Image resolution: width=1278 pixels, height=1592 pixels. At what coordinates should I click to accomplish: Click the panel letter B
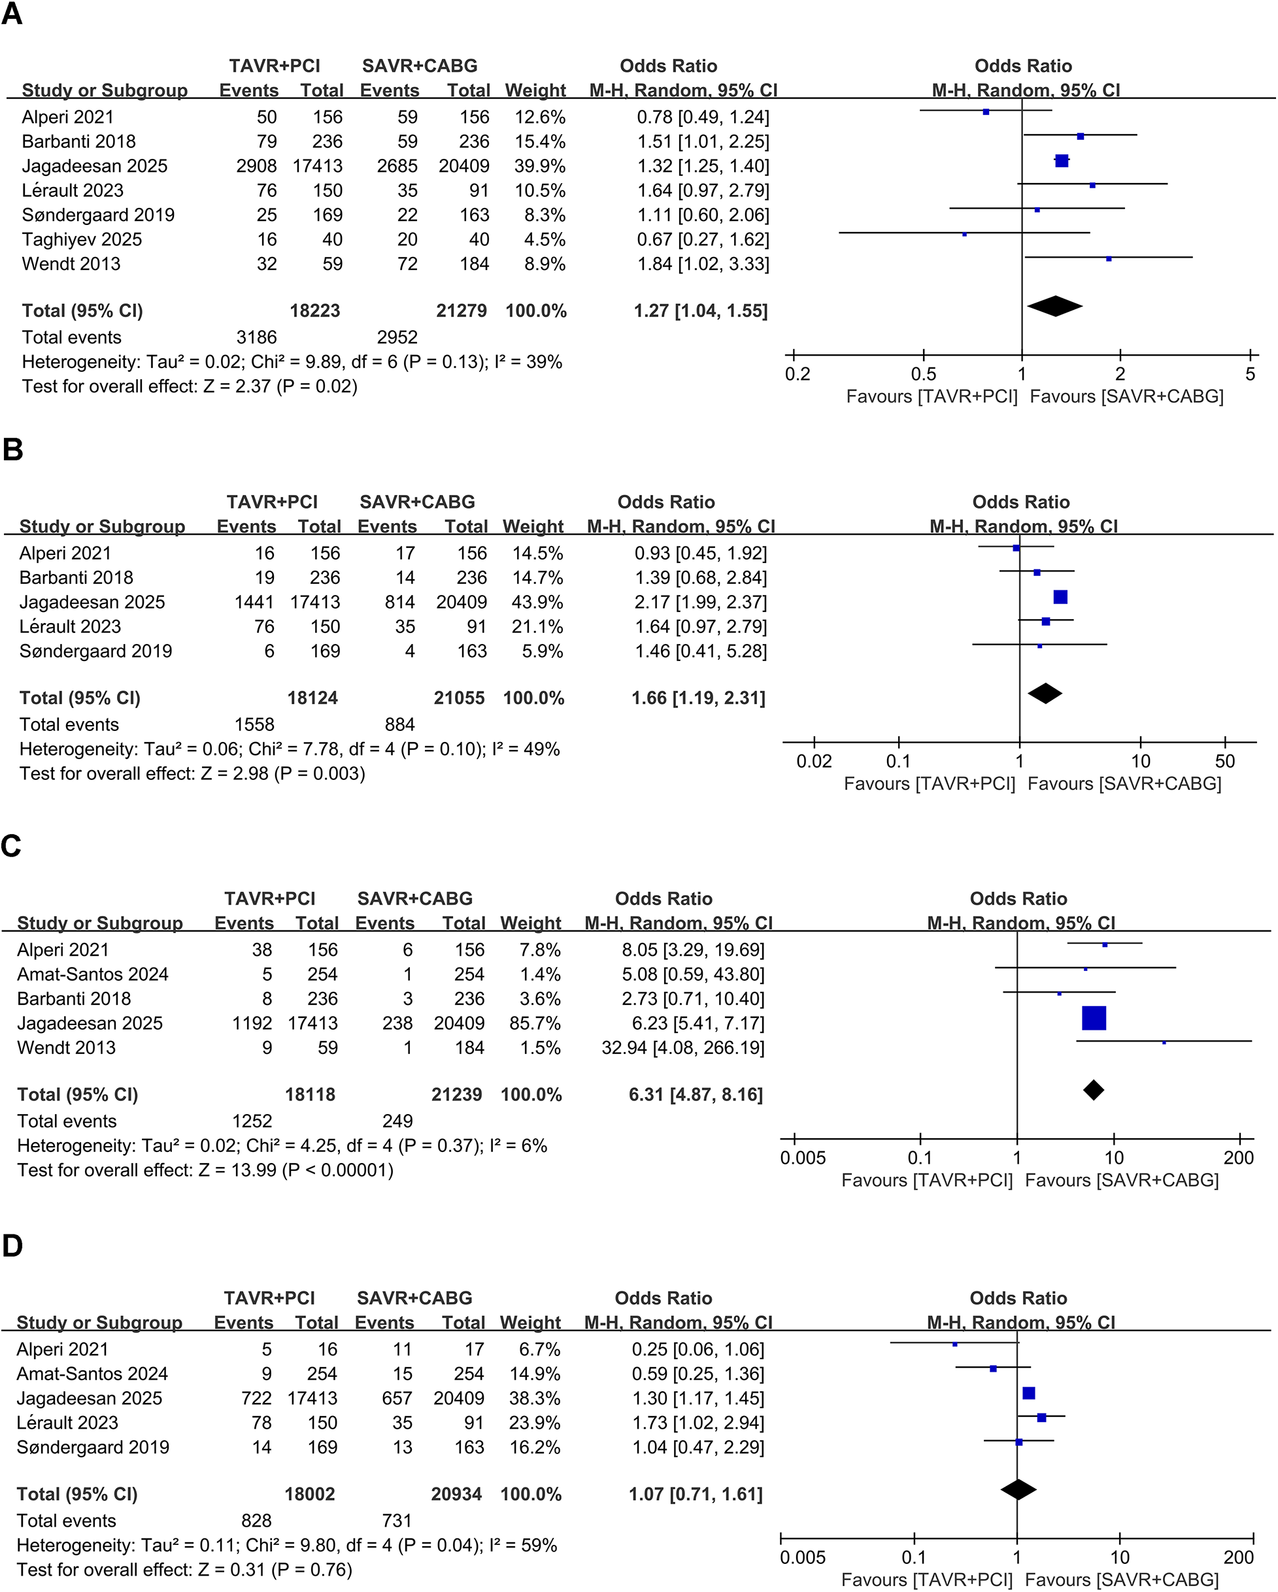click(x=12, y=450)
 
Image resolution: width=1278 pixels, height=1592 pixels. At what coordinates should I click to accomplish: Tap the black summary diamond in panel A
click(x=1054, y=306)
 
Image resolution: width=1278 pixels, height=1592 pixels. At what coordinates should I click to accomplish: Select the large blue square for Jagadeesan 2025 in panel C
click(x=1094, y=1018)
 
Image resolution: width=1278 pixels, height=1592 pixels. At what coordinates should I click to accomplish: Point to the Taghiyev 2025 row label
click(x=81, y=239)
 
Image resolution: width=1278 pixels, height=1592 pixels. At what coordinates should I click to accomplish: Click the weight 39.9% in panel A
click(x=540, y=166)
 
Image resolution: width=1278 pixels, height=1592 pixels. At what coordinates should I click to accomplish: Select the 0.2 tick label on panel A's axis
click(x=798, y=375)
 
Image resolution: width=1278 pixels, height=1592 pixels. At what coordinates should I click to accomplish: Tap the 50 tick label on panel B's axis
click(x=1225, y=761)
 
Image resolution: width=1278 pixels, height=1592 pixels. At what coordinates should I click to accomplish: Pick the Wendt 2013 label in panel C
click(x=67, y=1048)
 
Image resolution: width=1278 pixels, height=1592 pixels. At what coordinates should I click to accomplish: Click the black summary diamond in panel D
click(x=1018, y=1489)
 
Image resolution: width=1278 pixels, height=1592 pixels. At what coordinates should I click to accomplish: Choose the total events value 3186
click(x=256, y=337)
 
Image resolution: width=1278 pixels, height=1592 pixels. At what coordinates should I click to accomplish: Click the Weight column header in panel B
click(x=533, y=526)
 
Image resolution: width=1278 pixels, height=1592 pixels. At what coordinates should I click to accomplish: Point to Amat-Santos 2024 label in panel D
click(x=92, y=1374)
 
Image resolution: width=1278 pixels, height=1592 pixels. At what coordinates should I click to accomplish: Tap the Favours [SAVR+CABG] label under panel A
click(x=1126, y=396)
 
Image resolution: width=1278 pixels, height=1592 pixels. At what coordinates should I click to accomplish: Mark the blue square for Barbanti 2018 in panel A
click(x=1080, y=137)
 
